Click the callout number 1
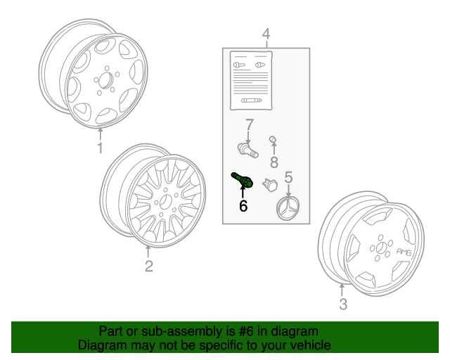(x=100, y=148)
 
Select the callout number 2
(x=149, y=266)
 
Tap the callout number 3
(x=343, y=304)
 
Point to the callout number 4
(x=266, y=34)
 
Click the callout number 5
(x=288, y=177)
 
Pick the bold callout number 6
(x=243, y=206)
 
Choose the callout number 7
(x=250, y=125)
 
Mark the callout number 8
(x=274, y=162)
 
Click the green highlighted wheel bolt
(x=242, y=180)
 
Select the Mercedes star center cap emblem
(x=288, y=209)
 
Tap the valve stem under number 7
(x=247, y=150)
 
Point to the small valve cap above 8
(x=273, y=139)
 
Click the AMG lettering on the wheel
(x=404, y=252)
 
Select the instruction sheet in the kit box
(x=251, y=81)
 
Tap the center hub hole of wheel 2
(x=165, y=202)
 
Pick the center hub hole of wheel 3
(x=381, y=247)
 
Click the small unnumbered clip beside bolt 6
(x=270, y=185)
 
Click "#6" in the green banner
(x=247, y=331)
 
